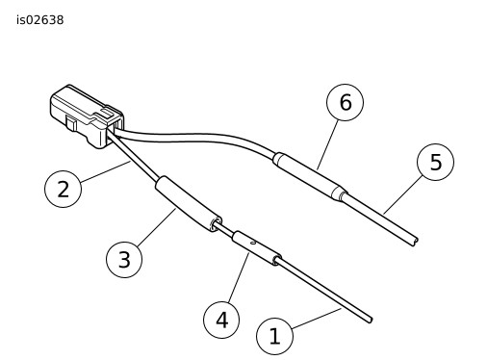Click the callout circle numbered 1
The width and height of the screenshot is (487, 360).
274,336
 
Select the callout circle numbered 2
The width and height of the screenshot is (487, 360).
63,189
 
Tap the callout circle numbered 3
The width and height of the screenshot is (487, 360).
124,259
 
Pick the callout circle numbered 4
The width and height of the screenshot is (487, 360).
221,320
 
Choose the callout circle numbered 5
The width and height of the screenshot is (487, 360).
435,162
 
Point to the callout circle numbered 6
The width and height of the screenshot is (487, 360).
345,102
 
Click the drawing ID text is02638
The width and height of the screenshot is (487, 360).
40,20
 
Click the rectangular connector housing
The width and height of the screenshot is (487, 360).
87,116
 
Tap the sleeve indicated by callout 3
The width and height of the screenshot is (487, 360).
189,204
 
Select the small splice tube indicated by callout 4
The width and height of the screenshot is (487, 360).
257,248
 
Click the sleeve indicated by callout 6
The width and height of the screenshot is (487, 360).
310,176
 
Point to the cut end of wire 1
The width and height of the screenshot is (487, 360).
371,320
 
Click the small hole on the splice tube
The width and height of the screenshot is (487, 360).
253,243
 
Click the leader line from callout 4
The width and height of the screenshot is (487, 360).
239,277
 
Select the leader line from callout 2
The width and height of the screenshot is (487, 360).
106,172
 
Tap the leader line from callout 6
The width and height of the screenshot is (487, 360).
328,144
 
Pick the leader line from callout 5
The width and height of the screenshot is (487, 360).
402,194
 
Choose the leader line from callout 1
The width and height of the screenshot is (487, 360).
317,319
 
